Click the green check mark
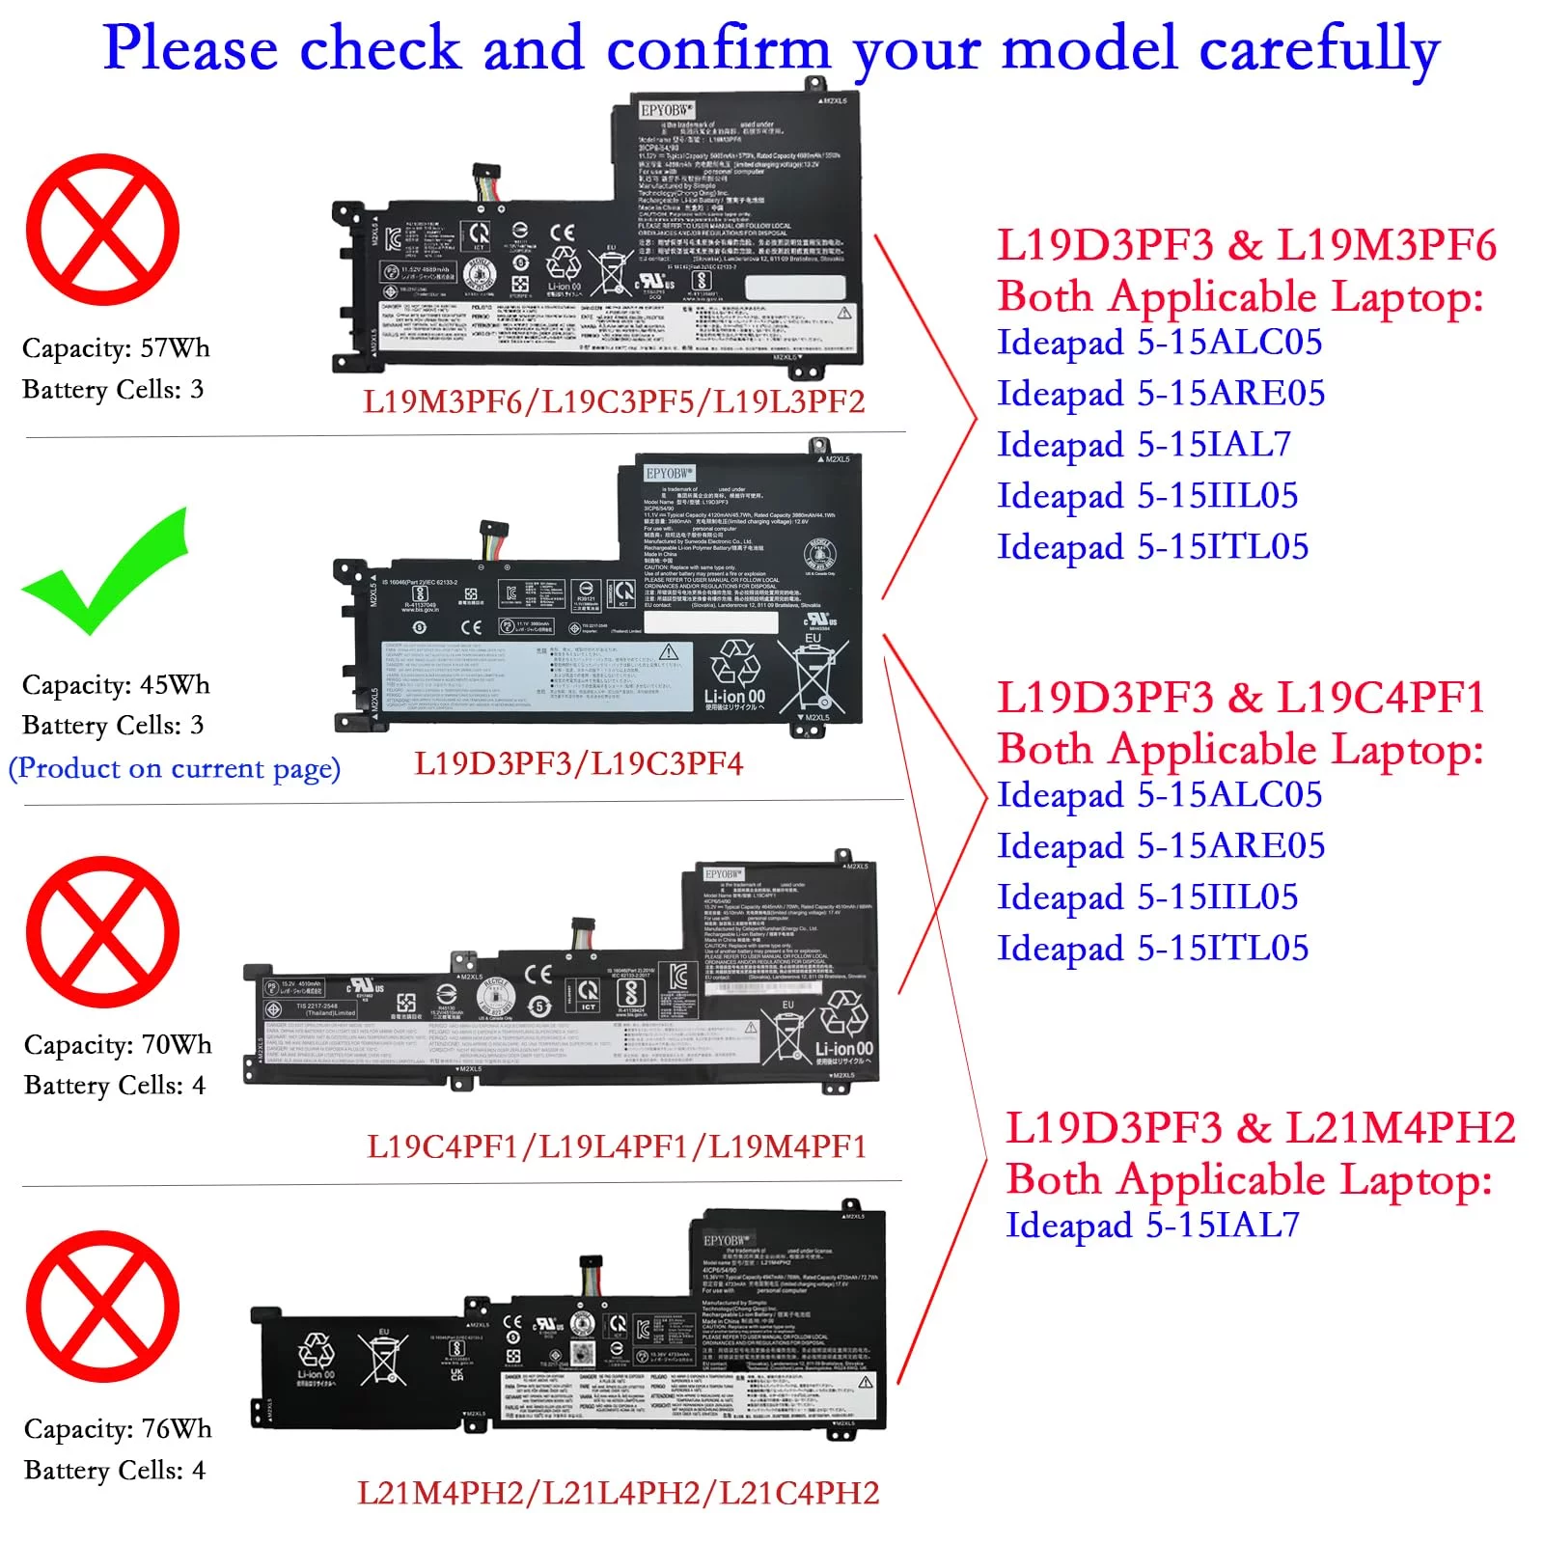pos(104,575)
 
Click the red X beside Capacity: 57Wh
pos(102,230)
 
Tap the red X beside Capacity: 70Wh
pos(102,932)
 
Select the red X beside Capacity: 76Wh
pos(102,1307)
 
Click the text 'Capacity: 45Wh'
pos(116,685)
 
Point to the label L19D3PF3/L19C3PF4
pos(579,764)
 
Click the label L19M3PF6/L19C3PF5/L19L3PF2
pos(614,401)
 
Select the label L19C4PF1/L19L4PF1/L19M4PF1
pos(617,1146)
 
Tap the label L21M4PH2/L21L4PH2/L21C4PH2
pos(619,1493)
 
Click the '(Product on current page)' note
pos(175,769)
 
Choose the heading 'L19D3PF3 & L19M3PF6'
pos(1246,245)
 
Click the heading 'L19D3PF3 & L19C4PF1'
pos(1240,698)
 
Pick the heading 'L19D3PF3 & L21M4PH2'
pos(1260,1128)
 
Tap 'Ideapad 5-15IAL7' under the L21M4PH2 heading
pos(1152,1226)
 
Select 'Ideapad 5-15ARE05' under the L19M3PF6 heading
pos(1161,394)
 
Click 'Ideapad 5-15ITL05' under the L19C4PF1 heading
pos(1153,949)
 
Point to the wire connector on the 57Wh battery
pos(488,183)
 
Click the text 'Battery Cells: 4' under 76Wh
pos(115,1471)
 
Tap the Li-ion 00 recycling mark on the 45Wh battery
pos(734,676)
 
